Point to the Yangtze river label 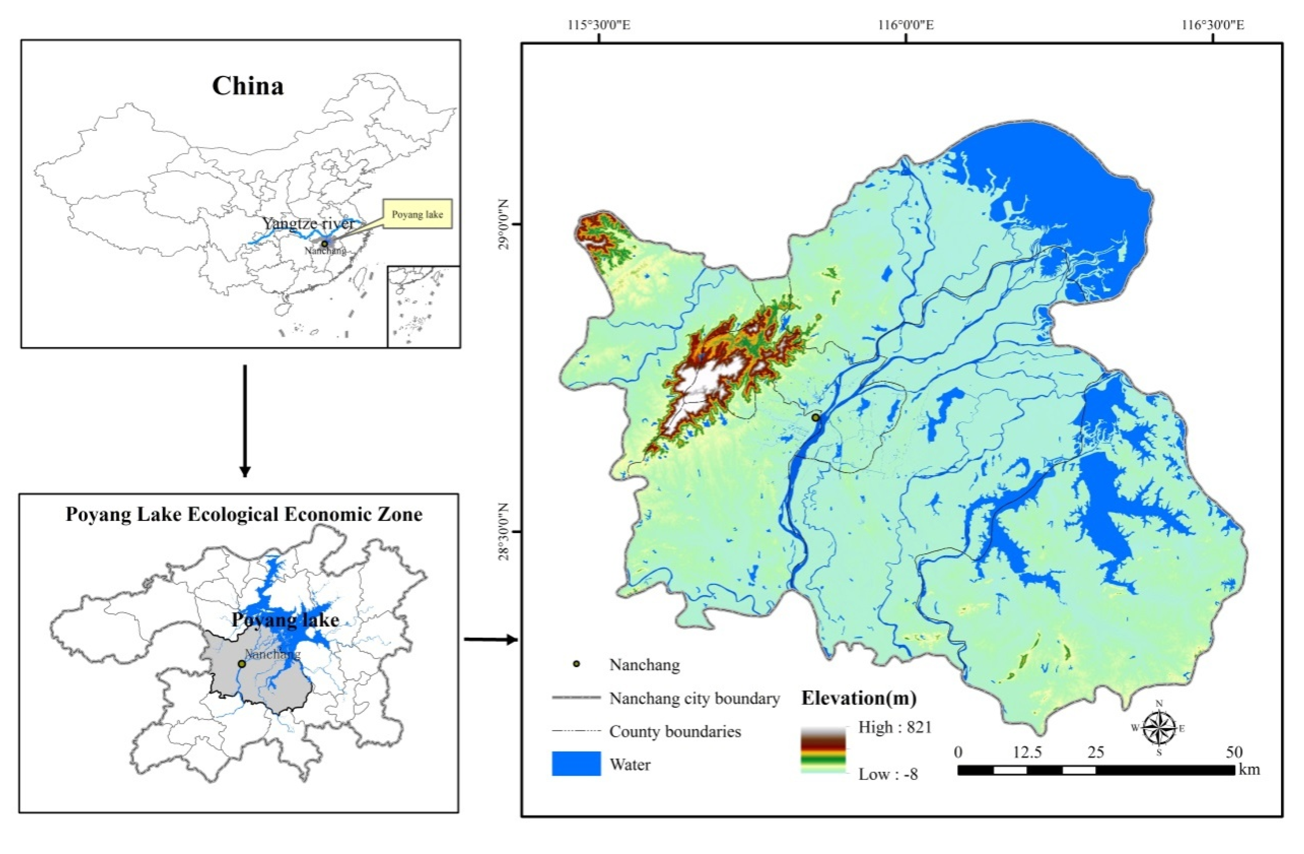[308, 224]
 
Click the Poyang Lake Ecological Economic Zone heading [244, 514]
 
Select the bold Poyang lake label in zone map [285, 620]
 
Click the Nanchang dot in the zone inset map [241, 663]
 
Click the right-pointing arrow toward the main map [490, 639]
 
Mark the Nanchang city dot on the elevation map [815, 418]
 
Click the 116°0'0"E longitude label [906, 25]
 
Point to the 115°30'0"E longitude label [599, 25]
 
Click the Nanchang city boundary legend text [694, 698]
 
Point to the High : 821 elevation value [895, 727]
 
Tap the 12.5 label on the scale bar [1027, 752]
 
